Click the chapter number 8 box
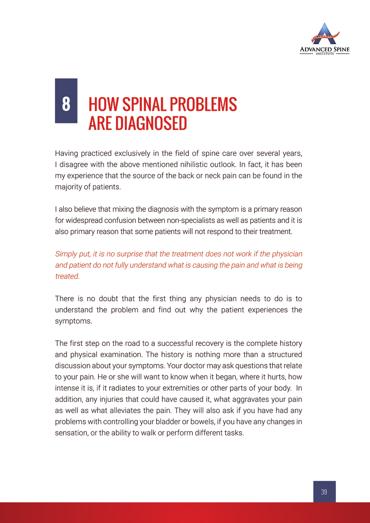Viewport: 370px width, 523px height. pos(66,101)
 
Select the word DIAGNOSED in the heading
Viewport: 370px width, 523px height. pos(150,123)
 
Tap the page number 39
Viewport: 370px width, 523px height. pos(324,492)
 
